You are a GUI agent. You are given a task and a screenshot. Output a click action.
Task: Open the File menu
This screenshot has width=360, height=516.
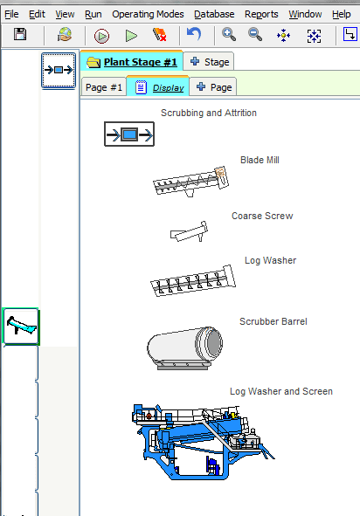11,15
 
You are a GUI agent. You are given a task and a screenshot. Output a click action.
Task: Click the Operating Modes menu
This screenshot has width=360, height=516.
148,15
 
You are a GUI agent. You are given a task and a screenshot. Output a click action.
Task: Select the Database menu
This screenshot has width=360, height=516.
214,15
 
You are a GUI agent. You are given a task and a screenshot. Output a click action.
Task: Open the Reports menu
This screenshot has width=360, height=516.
261,15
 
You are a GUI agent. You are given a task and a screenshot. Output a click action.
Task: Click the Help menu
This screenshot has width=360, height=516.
342,15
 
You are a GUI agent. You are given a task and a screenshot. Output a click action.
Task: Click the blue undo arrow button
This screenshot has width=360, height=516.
194,34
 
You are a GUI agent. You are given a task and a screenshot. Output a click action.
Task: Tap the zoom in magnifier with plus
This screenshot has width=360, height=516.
229,35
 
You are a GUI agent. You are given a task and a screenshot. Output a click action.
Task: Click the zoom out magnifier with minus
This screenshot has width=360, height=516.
255,35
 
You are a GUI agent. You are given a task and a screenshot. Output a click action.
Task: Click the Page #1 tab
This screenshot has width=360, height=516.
104,87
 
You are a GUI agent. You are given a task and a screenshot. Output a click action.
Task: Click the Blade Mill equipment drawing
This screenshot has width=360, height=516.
191,182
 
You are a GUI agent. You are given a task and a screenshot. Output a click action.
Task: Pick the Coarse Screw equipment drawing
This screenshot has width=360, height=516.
189,231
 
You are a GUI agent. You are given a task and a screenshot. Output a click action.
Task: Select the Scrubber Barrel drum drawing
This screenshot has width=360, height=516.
184,348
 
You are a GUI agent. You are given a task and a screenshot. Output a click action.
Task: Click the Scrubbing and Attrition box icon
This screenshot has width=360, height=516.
129,134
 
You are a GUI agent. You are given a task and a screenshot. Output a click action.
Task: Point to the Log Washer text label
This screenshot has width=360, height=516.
270,261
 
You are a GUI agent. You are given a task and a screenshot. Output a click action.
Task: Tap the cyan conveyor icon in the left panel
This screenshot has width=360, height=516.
21,327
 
